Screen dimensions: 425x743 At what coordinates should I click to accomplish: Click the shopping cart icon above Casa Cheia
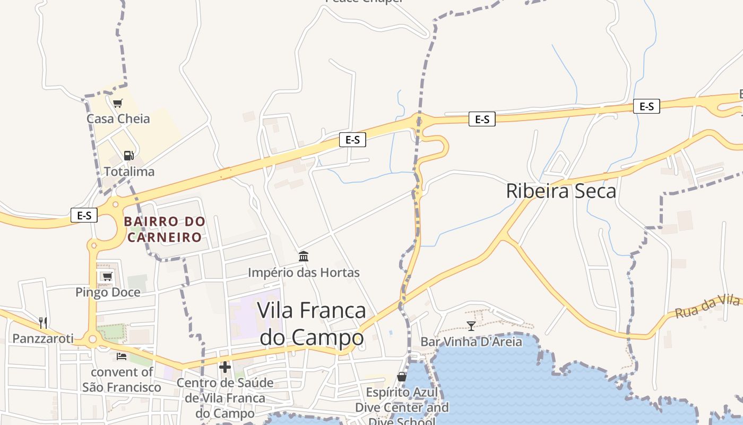117,103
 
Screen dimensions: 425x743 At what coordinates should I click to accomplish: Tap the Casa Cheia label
118,118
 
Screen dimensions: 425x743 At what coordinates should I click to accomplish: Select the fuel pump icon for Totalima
128,156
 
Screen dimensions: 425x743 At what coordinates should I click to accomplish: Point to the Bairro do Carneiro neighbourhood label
165,229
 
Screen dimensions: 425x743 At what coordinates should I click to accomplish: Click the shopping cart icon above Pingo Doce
107,276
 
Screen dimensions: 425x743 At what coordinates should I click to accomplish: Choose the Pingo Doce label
108,292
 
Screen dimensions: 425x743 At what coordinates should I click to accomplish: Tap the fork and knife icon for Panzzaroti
43,322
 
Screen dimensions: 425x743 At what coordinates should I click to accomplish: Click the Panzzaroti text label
43,338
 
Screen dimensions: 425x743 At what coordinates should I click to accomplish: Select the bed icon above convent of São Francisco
122,356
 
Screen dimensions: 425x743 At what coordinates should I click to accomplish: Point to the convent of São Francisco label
122,379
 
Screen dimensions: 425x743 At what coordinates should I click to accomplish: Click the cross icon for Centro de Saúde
225,367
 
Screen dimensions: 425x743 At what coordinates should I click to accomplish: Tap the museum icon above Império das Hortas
304,257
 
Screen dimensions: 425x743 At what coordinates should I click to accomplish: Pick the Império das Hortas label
304,273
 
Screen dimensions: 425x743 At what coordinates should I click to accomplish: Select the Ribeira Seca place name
561,191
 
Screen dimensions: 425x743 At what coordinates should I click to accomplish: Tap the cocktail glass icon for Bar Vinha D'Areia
471,326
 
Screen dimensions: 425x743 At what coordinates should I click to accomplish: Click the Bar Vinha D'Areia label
471,341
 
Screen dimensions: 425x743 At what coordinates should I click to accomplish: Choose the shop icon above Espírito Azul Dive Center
402,377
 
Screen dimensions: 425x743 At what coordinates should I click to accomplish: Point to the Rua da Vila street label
707,307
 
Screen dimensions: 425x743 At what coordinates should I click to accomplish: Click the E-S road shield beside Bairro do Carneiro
84,215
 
